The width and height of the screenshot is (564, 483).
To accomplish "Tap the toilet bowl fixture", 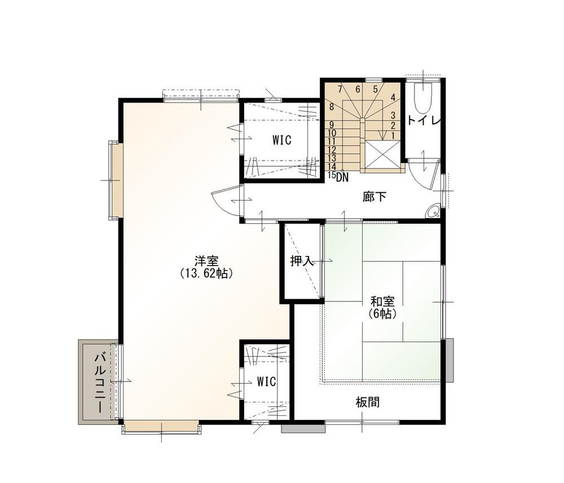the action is (x=422, y=97).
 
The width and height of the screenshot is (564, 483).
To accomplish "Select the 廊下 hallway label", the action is (x=375, y=197).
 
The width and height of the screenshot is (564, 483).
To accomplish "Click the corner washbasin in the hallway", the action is (x=433, y=212).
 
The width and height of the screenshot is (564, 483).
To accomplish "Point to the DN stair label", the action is (x=342, y=177).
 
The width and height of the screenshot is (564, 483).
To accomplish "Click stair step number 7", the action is (x=340, y=88).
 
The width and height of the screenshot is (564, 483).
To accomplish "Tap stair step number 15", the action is (x=332, y=175).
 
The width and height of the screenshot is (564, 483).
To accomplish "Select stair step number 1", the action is (x=393, y=136).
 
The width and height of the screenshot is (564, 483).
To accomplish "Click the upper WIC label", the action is (x=281, y=140).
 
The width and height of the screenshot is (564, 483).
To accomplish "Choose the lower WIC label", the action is (x=267, y=382).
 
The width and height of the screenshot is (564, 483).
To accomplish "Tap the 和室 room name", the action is (x=383, y=301).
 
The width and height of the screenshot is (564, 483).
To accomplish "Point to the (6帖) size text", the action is (x=383, y=314).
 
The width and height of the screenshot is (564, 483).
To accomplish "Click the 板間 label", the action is (x=368, y=402).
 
